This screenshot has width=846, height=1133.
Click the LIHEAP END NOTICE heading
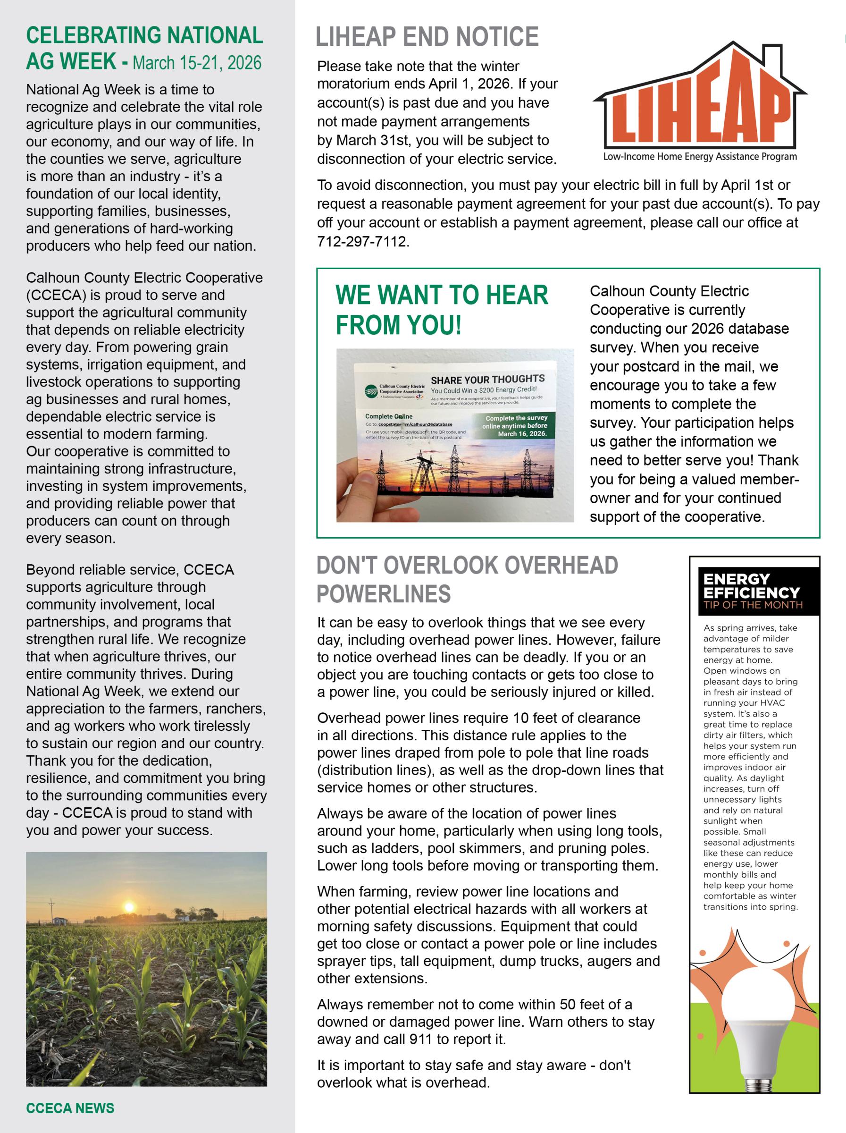coord(427,37)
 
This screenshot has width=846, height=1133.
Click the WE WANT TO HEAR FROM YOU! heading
coord(441,309)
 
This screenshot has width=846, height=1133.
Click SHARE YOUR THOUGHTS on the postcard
coord(487,380)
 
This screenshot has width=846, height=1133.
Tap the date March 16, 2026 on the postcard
coord(522,434)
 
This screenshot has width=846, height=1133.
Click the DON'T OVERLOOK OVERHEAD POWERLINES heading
coord(467,579)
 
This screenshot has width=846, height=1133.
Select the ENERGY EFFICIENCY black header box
coord(754,591)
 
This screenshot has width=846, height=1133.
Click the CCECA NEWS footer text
coord(70,1108)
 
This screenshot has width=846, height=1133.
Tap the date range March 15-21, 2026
coord(197,63)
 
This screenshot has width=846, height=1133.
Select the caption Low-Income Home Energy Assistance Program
coord(700,157)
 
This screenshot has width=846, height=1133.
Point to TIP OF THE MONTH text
coord(753,605)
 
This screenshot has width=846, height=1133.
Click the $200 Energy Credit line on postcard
coord(484,390)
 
